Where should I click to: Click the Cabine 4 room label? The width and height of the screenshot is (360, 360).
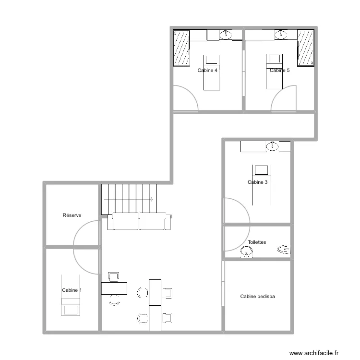[x=207, y=71]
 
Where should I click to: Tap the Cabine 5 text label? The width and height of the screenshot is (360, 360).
[x=279, y=71]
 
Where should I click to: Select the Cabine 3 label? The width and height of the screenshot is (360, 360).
[x=258, y=182]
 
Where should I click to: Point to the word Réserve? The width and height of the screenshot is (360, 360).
[x=72, y=216]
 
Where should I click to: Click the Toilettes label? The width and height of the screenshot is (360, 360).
[x=257, y=242]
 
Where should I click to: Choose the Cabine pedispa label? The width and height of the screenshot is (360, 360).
[x=258, y=297]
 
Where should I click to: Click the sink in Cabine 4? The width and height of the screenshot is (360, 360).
[x=226, y=34]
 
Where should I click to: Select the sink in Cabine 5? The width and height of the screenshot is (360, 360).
[x=281, y=34]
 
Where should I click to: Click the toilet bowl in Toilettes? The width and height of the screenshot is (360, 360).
[x=284, y=249]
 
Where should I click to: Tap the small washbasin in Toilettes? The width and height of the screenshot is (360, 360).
[x=248, y=252]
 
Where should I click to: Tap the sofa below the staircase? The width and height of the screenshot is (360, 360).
[x=139, y=221]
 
